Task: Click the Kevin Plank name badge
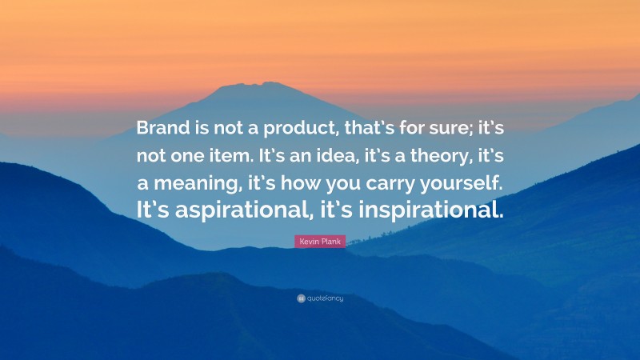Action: coord(320,241)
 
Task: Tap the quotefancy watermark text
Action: coord(325,298)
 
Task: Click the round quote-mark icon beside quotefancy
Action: coord(301,298)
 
